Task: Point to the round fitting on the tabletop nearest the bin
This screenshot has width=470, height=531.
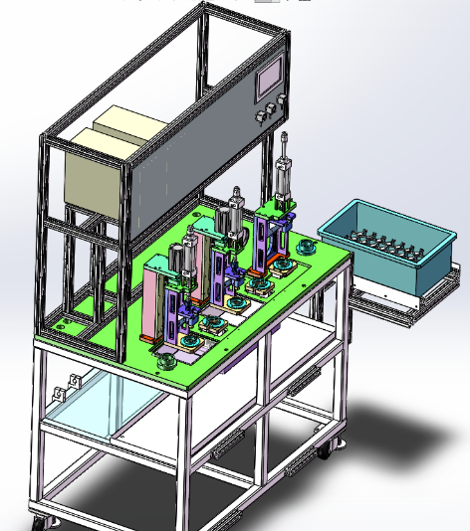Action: [x=308, y=245]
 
